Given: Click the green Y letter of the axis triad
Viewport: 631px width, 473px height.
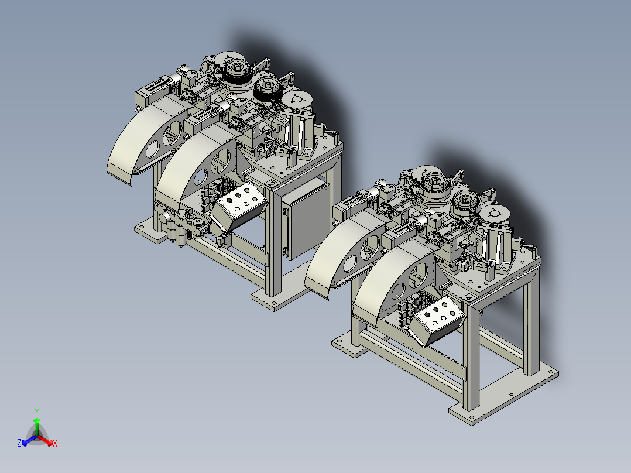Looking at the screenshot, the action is coord(37,412).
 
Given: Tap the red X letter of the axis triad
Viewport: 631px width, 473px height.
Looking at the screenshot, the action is coord(55,443).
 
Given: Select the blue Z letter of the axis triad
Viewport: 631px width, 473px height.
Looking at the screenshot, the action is coord(19,443).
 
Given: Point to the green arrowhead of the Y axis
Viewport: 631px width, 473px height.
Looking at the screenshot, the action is coord(37,420).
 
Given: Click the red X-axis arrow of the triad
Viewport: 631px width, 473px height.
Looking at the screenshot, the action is coord(44,440).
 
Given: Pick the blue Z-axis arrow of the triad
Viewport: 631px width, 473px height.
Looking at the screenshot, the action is coord(29,440).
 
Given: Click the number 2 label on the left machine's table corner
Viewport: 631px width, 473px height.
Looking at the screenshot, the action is coord(273,184).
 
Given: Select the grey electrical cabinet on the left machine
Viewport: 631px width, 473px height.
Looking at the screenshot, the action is coord(306,220).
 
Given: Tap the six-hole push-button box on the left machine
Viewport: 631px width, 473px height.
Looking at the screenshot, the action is coord(239,207).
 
